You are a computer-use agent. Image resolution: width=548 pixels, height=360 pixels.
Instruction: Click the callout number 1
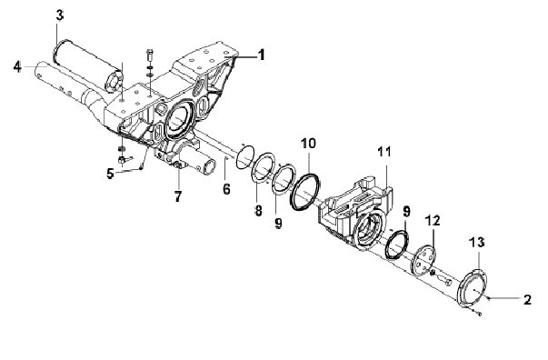point(261,55)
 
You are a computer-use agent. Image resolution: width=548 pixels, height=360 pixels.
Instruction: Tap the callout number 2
point(527,299)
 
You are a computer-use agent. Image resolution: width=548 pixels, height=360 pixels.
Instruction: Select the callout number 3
point(60,15)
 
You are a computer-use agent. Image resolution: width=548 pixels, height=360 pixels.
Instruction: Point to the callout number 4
point(17,66)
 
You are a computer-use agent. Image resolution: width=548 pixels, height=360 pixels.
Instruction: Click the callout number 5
point(111,174)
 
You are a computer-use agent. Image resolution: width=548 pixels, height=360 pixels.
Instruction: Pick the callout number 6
point(226,189)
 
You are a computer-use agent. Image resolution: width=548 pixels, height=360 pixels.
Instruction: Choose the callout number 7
point(178,196)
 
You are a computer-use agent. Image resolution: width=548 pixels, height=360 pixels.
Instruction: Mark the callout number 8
point(258,210)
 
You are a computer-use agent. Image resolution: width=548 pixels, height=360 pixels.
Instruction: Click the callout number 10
point(308,144)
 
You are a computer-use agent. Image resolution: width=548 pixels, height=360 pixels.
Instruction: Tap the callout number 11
point(384,152)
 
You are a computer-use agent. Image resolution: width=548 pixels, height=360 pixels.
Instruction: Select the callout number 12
point(433,220)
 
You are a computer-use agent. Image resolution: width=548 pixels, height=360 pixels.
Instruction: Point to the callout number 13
point(477,242)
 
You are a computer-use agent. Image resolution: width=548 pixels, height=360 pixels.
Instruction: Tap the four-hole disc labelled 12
point(424,261)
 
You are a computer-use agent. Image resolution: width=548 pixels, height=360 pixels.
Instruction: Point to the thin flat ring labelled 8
point(254,169)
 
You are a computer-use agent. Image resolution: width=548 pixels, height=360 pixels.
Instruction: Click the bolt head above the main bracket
point(150,54)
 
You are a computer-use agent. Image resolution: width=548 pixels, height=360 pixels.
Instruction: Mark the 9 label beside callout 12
point(406,212)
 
